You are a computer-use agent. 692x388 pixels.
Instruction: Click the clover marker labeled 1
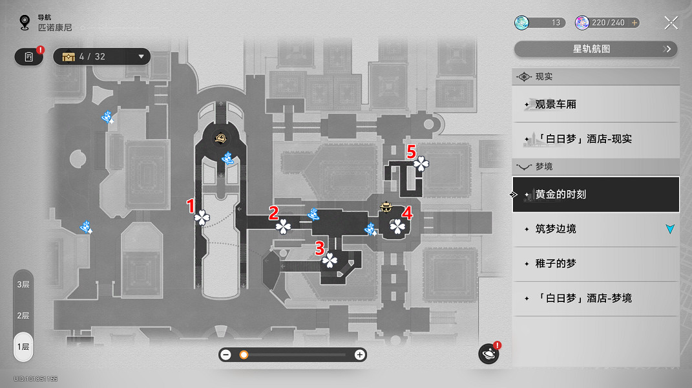tap(202, 217)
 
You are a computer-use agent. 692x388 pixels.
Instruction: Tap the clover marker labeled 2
tap(283, 226)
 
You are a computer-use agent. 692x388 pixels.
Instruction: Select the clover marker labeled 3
tap(330, 260)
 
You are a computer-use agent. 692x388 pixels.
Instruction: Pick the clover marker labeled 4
tap(397, 226)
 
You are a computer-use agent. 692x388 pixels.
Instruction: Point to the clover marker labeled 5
tap(421, 164)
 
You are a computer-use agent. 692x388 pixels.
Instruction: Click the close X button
tap(671, 23)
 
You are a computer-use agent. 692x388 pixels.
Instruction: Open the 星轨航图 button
tap(595, 49)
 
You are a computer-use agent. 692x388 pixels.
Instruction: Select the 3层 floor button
tap(23, 285)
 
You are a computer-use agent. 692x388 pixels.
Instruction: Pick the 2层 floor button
tap(23, 316)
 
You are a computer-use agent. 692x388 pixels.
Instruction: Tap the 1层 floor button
tap(23, 347)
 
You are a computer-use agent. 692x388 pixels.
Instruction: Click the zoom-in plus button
tap(359, 354)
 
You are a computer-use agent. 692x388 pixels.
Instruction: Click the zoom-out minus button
tap(226, 354)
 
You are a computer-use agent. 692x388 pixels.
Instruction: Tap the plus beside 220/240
tap(634, 23)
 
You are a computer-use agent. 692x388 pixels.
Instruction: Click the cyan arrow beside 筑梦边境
tap(670, 229)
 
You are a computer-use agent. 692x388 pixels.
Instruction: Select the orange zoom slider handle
tap(244, 354)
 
